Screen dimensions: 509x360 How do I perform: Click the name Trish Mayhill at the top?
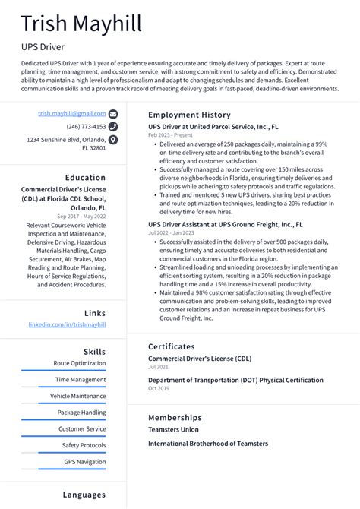(81, 24)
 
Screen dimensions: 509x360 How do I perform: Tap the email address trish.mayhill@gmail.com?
(72, 113)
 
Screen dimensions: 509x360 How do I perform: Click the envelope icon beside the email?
(113, 113)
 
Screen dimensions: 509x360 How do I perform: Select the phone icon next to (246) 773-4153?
(113, 127)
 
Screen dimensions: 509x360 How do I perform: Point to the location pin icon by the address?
(113, 141)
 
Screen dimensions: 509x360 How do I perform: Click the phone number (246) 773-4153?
(86, 127)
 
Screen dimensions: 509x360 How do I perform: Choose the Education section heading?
(85, 178)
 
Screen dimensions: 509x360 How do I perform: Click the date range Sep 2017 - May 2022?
(81, 217)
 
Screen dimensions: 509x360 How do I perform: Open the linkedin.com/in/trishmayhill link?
(67, 324)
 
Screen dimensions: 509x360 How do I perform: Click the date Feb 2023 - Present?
(169, 134)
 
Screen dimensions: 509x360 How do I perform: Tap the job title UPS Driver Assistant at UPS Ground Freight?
(225, 225)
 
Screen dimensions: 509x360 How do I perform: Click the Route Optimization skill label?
(80, 363)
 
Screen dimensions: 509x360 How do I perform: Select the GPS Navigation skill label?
(84, 462)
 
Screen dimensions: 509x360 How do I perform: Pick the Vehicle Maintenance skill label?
(78, 396)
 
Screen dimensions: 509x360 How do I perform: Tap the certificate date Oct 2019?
(158, 388)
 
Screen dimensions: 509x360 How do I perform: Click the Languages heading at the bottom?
(84, 495)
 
